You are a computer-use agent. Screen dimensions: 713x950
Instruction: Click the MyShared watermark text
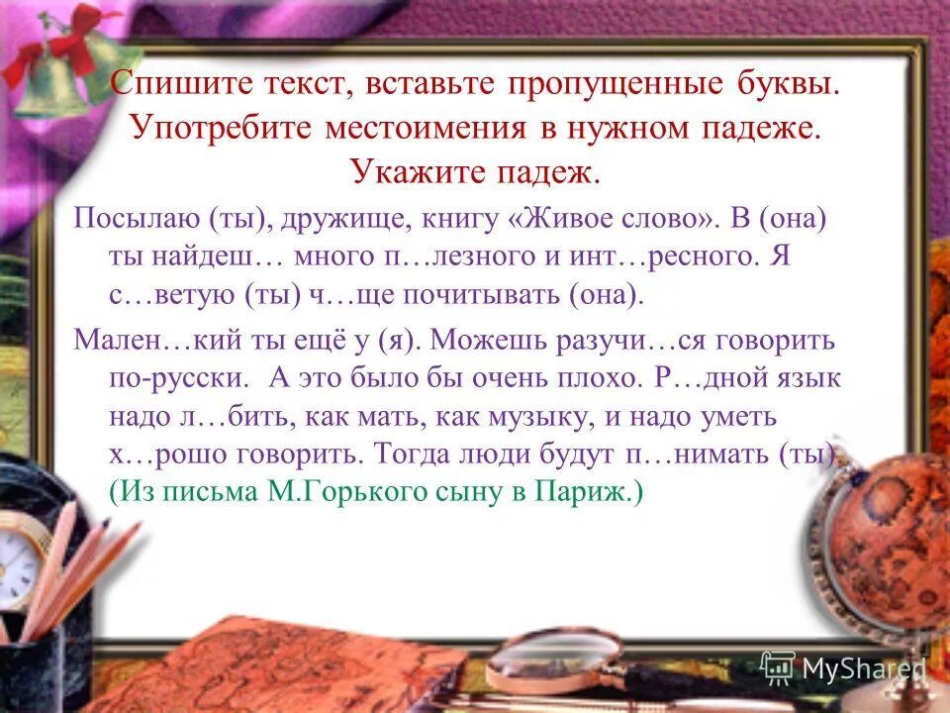(862, 669)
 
